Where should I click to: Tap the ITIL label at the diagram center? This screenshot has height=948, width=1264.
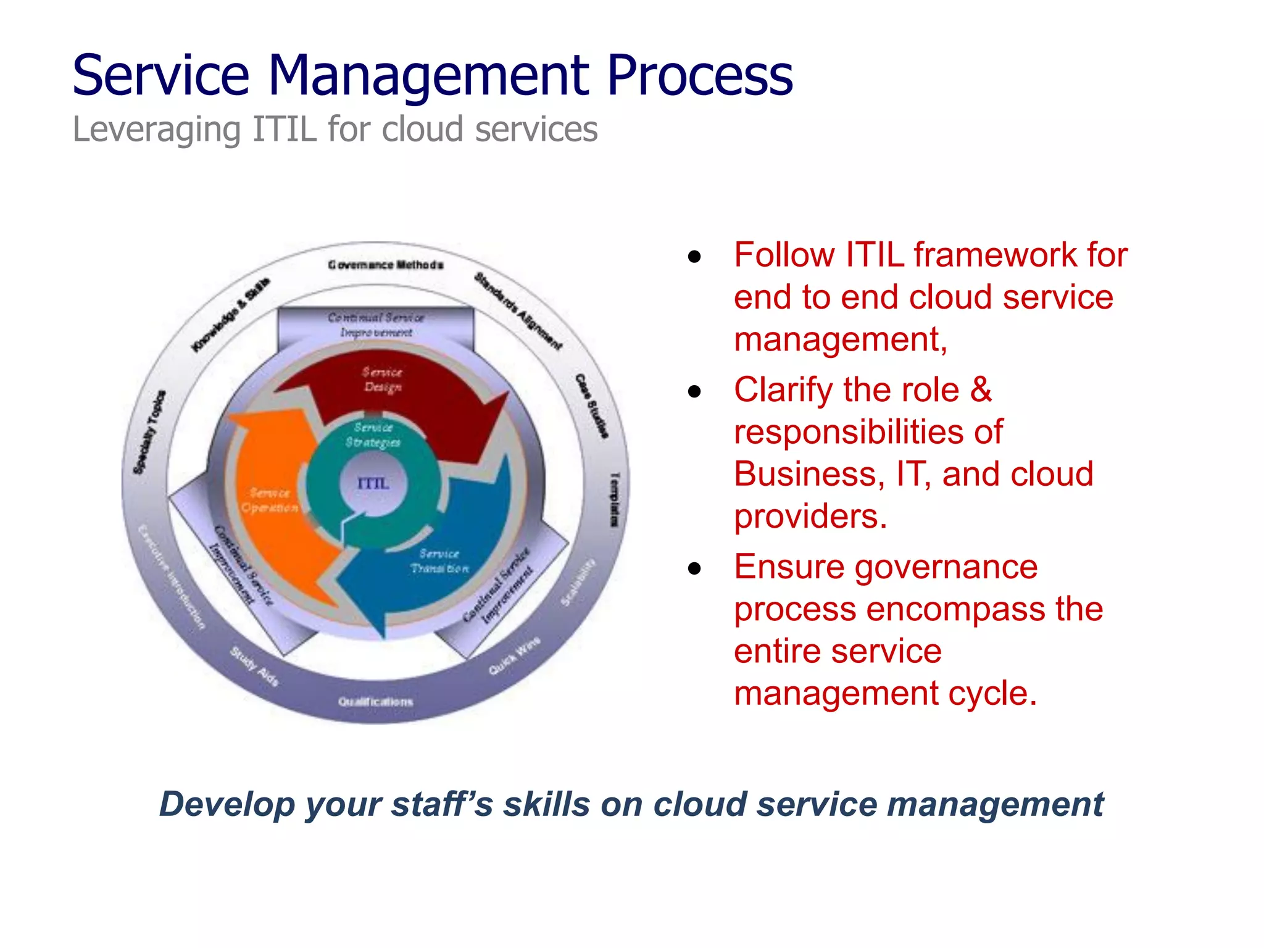[x=373, y=483]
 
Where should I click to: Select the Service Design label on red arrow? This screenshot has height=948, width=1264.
[x=382, y=380]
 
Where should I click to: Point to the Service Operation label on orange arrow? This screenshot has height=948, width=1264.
[x=270, y=501]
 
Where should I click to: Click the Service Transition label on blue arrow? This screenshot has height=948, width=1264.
[x=439, y=561]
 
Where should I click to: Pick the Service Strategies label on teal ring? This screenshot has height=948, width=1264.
[x=373, y=434]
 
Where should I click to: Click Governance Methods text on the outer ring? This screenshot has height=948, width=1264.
[x=386, y=265]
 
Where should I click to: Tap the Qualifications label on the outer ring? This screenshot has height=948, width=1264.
[x=375, y=702]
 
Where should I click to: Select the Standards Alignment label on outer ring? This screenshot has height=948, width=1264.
[x=518, y=311]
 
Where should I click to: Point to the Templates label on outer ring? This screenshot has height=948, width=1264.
[x=614, y=500]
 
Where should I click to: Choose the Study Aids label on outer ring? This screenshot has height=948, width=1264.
[x=254, y=667]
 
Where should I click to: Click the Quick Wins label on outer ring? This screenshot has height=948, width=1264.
[x=514, y=655]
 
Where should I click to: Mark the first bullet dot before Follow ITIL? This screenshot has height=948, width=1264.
[x=695, y=257]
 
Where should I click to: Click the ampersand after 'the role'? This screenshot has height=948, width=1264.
[x=980, y=390]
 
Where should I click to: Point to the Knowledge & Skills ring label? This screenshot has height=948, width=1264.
[x=230, y=315]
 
